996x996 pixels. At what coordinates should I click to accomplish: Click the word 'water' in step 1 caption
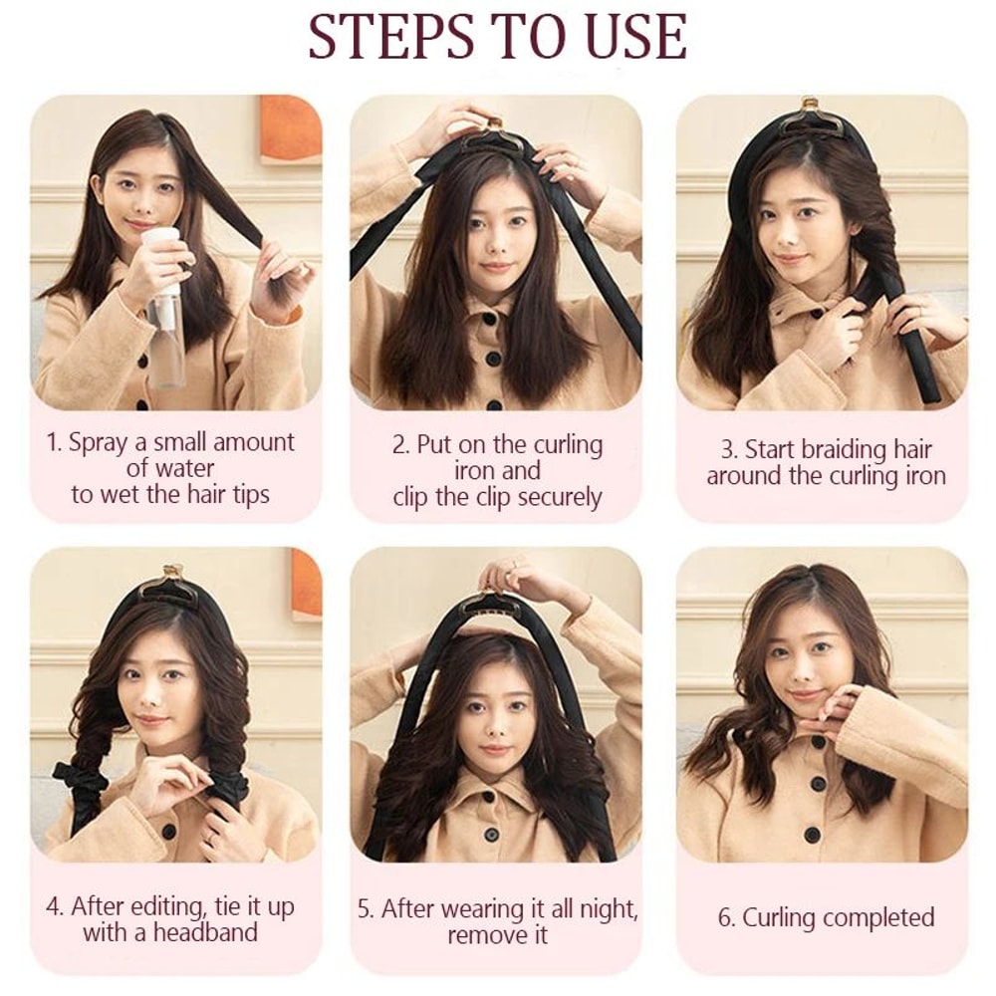coord(184,467)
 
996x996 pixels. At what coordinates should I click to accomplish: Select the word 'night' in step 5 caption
coord(607,908)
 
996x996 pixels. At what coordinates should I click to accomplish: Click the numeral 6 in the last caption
coord(724,917)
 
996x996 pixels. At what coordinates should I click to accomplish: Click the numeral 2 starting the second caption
coord(397,444)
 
